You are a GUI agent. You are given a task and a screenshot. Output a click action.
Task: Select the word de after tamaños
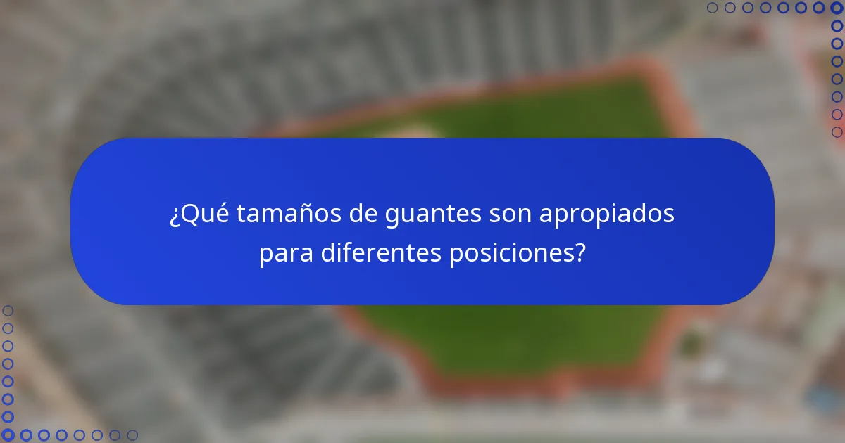point(364,214)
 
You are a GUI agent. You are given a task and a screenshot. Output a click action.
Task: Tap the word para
point(286,254)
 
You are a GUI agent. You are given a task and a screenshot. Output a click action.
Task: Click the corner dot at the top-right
point(837,8)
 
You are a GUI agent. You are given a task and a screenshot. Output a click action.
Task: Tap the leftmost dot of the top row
point(713,8)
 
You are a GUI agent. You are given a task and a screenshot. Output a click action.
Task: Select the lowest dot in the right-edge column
point(837,132)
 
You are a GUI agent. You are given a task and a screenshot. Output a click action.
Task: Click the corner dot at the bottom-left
point(8,435)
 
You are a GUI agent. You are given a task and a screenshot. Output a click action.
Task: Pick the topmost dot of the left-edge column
point(8,310)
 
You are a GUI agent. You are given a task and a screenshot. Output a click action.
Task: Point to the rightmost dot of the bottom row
point(132,435)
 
